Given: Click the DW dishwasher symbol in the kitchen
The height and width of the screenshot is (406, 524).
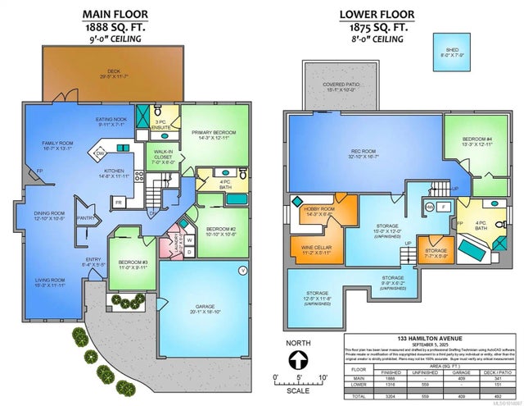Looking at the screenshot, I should click(101, 153).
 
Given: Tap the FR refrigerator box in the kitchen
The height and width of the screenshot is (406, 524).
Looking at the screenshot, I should click(119, 202).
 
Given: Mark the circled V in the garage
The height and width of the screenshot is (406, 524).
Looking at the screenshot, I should click(242, 270).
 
